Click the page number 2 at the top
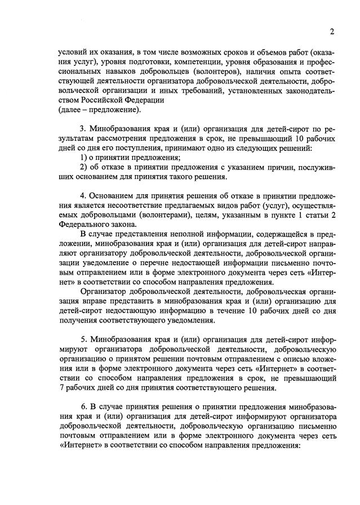pos(332,30)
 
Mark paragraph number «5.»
pos(85,340)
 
